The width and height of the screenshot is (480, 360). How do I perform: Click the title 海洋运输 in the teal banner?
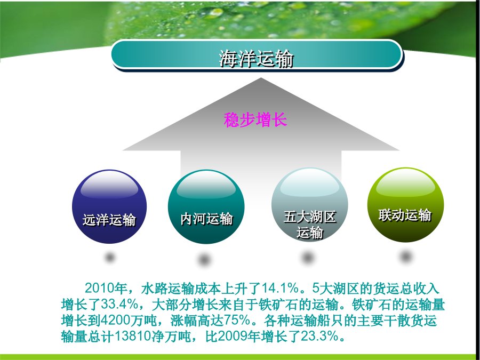pyautogui.click(x=256, y=58)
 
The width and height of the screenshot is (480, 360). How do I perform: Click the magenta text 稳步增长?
pyautogui.click(x=255, y=119)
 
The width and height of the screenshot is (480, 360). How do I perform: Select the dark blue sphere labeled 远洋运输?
pyautogui.click(x=109, y=206)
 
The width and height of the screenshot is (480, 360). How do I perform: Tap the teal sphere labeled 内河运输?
pyautogui.click(x=206, y=207)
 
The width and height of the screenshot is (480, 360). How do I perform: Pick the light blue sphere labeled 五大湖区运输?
pyautogui.click(x=309, y=204)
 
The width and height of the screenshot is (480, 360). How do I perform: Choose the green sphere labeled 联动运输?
pyautogui.click(x=405, y=204)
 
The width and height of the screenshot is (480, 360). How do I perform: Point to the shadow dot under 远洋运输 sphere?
pyautogui.click(x=110, y=257)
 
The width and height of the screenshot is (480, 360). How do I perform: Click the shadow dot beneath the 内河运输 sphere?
pyautogui.click(x=204, y=260)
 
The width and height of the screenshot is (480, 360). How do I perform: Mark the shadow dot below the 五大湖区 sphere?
pyautogui.click(x=308, y=257)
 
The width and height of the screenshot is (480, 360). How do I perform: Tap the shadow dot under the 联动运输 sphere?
pyautogui.click(x=406, y=256)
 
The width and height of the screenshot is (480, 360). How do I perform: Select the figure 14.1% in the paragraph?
pyautogui.click(x=280, y=288)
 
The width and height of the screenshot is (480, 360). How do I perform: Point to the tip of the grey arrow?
pyautogui.click(x=261, y=78)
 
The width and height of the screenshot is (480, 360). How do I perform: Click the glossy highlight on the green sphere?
pyautogui.click(x=406, y=182)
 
